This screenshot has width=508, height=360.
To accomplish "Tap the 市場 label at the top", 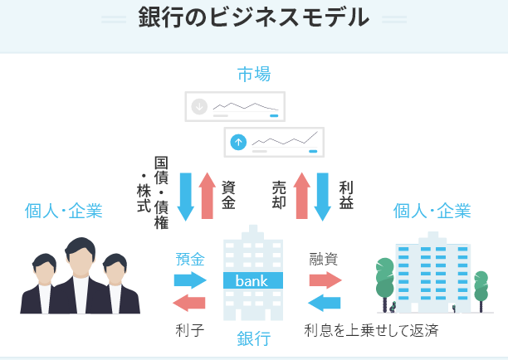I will pos(254,75).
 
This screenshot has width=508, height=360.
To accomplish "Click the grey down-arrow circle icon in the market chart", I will pos(198,106).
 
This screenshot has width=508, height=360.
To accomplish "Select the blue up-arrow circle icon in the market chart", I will pos(239,142).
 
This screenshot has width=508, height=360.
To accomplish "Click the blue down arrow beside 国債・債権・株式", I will pos(186,196).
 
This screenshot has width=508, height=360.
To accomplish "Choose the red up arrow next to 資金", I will pos(208,196).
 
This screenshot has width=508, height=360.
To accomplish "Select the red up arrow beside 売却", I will pos(301,196).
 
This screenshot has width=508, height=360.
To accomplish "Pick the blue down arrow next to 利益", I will pos(323,196).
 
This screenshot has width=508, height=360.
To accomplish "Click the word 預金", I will pos(190,259).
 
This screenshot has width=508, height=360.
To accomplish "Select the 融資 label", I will pos(324,259).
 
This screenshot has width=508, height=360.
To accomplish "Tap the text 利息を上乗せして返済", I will pos(371,329).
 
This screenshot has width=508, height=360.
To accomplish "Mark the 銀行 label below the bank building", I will pos(253,338).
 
